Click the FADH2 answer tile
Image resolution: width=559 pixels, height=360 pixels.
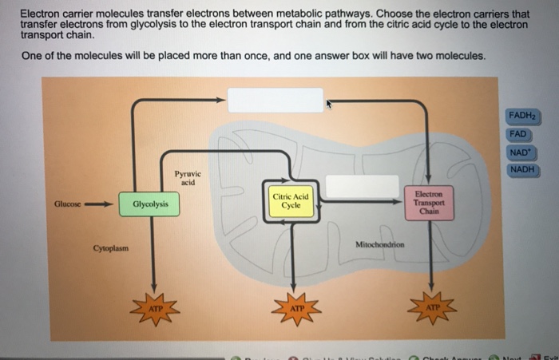click(523, 117)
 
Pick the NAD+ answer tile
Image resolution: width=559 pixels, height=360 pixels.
click(521, 152)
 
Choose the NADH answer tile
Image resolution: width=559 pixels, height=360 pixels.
click(522, 169)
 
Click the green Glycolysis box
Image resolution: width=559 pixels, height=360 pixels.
click(150, 204)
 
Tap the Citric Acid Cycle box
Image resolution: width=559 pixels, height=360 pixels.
click(291, 201)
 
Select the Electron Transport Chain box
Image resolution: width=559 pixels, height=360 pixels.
click(429, 201)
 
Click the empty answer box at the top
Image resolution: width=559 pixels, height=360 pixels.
click(276, 101)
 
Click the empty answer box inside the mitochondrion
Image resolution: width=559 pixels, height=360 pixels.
click(362, 186)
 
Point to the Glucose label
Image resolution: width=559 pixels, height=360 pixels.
click(67, 203)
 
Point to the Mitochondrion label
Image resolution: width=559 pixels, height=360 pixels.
click(380, 244)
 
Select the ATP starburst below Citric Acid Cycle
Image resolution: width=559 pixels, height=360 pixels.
click(296, 307)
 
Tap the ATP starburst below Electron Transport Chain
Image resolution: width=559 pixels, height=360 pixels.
click(432, 307)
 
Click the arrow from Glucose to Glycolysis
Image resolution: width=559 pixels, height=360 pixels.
click(100, 203)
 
